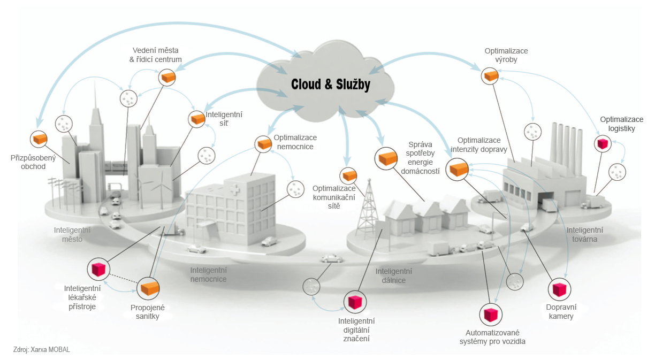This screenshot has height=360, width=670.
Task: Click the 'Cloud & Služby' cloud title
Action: coord(331,85)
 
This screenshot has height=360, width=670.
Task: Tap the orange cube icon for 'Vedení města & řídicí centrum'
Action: coord(167,78)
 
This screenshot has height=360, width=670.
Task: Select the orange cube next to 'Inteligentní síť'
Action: coord(197,119)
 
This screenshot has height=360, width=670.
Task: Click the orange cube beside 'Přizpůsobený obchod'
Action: coord(40,139)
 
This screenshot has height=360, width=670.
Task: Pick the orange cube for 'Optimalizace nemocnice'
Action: coord(264,144)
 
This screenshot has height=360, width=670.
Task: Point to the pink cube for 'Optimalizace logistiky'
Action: coord(603,143)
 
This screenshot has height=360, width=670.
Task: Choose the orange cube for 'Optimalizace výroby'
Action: coord(490,75)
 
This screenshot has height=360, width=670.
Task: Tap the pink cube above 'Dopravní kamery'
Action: coord(559,289)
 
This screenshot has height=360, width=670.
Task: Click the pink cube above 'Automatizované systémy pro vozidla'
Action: coord(491,315)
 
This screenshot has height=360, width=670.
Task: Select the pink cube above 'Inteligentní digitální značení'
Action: coord(355,302)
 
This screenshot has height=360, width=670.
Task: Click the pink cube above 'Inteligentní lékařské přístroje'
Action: coord(98,269)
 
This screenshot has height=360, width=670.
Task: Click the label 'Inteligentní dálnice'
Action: coord(394,275)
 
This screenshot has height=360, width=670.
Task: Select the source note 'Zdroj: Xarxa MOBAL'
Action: coord(42,349)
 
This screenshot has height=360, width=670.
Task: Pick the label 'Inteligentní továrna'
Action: coord(584,235)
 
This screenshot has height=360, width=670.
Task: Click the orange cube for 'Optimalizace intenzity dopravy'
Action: coord(458,169)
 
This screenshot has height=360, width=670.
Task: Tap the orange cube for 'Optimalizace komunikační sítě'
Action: coord(349,175)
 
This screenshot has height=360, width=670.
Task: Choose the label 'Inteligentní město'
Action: coord(72,235)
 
